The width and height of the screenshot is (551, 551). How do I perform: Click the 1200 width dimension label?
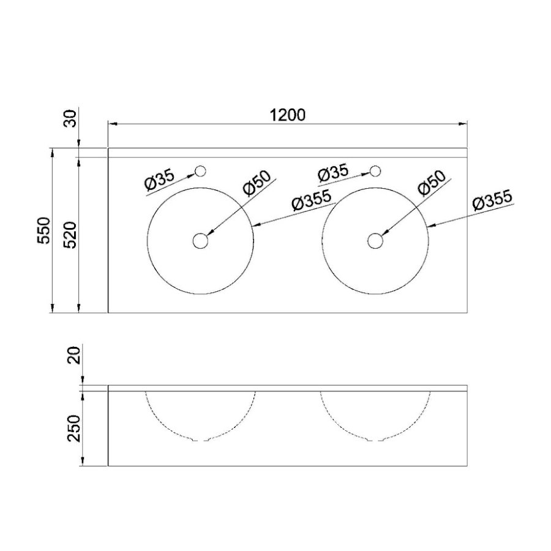point(288,115)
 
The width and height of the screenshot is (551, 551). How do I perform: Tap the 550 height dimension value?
point(45,230)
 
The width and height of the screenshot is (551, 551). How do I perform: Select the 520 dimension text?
point(72,235)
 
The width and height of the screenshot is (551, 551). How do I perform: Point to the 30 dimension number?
point(72,118)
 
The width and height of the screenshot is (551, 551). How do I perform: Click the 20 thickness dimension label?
point(75,355)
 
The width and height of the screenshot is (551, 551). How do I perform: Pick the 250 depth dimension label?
point(75,428)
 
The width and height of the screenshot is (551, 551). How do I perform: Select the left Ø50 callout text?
point(257,183)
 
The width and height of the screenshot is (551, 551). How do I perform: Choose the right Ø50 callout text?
point(432,183)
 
